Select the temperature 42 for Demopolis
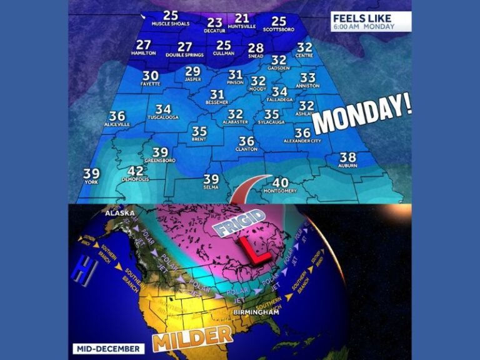(x=136, y=171)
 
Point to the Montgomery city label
(x=281, y=191)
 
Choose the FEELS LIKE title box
(x=371, y=21)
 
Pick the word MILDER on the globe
(x=192, y=337)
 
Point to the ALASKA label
(x=120, y=212)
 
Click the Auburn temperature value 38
(x=347, y=157)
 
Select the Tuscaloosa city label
(x=163, y=117)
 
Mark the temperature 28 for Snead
(x=256, y=48)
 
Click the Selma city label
(x=211, y=187)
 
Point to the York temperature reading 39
(x=91, y=173)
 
